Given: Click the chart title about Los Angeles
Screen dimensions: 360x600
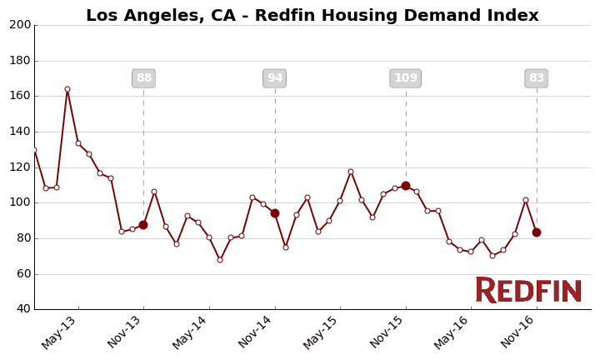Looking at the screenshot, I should [312, 16].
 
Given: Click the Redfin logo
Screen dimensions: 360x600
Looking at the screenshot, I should [528, 290].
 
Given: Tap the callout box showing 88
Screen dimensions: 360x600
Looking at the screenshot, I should [143, 78].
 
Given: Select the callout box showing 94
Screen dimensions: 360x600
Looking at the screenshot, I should [274, 78].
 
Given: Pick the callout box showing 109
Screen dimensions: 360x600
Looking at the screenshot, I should [405, 78].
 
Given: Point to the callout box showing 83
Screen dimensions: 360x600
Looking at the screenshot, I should [536, 78].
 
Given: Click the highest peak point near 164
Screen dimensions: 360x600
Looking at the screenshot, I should [67, 89].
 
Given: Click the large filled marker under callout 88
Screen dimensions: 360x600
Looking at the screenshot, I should [143, 225].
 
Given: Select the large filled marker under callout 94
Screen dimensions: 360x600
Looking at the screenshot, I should [275, 213].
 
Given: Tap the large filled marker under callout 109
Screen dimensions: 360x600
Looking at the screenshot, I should [406, 186].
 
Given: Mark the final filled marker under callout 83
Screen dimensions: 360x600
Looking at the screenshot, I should [537, 232].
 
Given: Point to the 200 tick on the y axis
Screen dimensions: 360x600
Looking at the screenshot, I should [20, 25].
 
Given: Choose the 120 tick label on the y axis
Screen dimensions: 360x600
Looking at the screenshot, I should [20, 167].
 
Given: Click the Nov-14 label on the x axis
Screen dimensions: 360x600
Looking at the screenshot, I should [257, 332].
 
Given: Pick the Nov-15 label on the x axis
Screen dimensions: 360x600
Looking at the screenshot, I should [387, 332].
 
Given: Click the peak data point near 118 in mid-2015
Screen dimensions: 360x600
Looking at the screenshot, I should [351, 172].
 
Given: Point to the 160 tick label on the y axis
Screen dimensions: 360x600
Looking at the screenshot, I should [20, 96].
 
